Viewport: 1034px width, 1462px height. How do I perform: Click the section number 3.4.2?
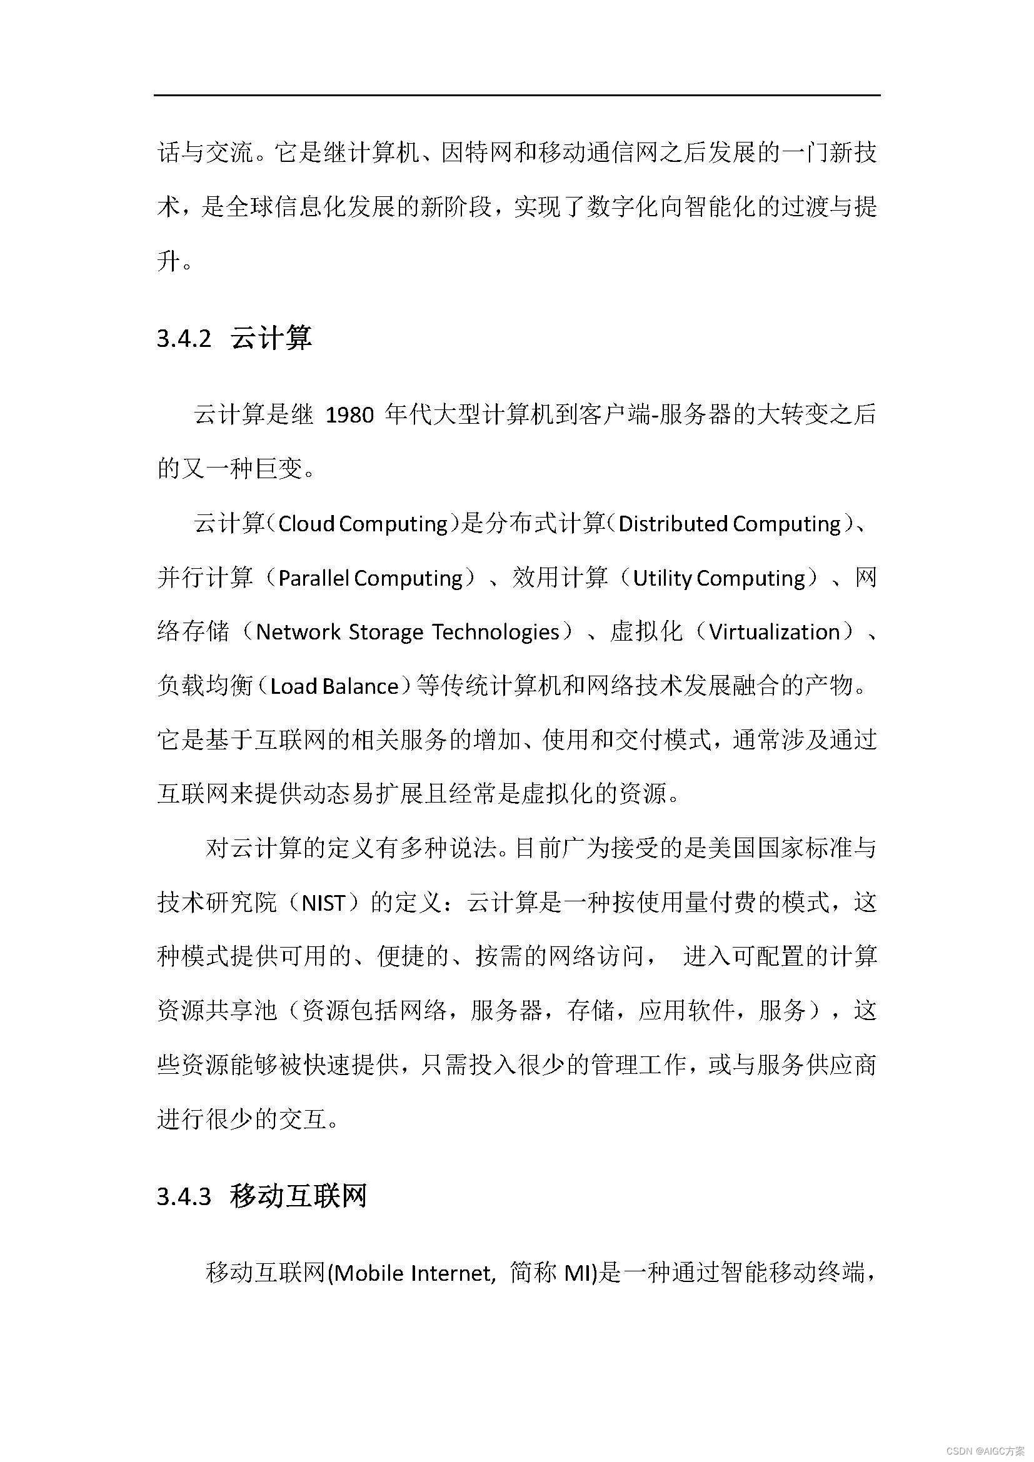[183, 338]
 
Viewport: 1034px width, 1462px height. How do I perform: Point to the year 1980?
[349, 416]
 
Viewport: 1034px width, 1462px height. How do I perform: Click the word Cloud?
[306, 524]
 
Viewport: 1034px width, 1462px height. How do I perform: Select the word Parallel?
[314, 578]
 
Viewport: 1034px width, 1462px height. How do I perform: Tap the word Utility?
[662, 578]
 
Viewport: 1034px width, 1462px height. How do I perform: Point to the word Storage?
[386, 633]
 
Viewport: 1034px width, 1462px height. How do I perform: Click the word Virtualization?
[774, 633]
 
